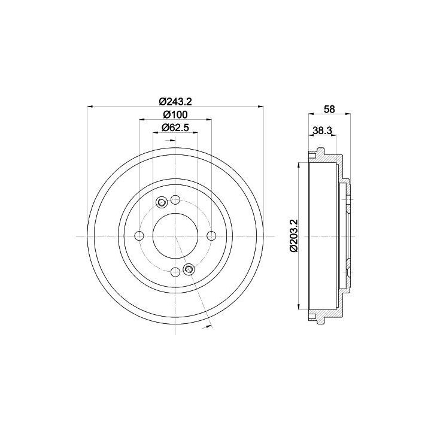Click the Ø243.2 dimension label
175,102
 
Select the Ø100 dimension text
175,114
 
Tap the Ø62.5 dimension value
175,128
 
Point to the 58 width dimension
329,109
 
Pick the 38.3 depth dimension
322,130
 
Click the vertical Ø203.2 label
294,235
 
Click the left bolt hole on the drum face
139,236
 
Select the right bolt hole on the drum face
211,236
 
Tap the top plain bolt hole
175,200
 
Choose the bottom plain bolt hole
175,272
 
